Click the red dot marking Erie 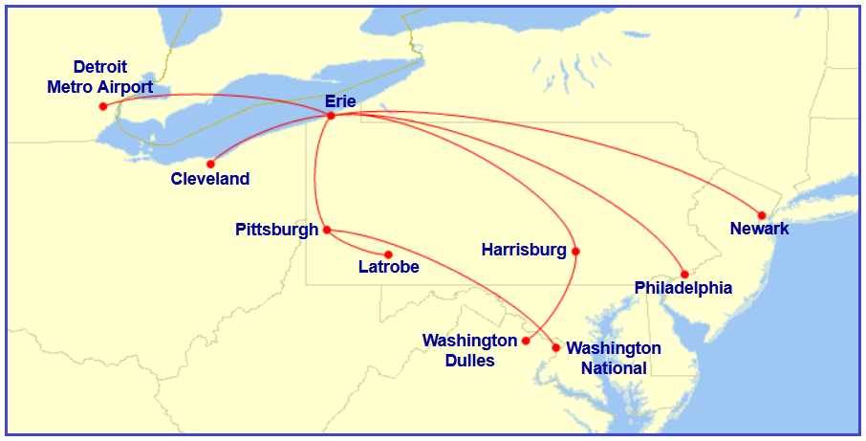(x=331, y=116)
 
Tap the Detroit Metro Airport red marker (x=103, y=106)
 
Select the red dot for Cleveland (x=210, y=164)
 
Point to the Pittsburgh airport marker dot (x=327, y=230)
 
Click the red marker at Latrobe (x=388, y=254)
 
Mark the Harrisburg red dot (x=575, y=252)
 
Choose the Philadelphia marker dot (x=684, y=275)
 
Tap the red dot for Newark (x=762, y=215)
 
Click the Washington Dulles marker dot (x=526, y=341)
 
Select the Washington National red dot (x=555, y=347)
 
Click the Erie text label (x=340, y=100)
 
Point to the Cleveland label (x=210, y=179)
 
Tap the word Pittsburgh (x=276, y=230)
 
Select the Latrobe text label (x=388, y=268)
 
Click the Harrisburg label (x=524, y=251)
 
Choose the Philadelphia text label (x=683, y=288)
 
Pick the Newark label (x=759, y=229)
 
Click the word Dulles (x=469, y=361)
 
